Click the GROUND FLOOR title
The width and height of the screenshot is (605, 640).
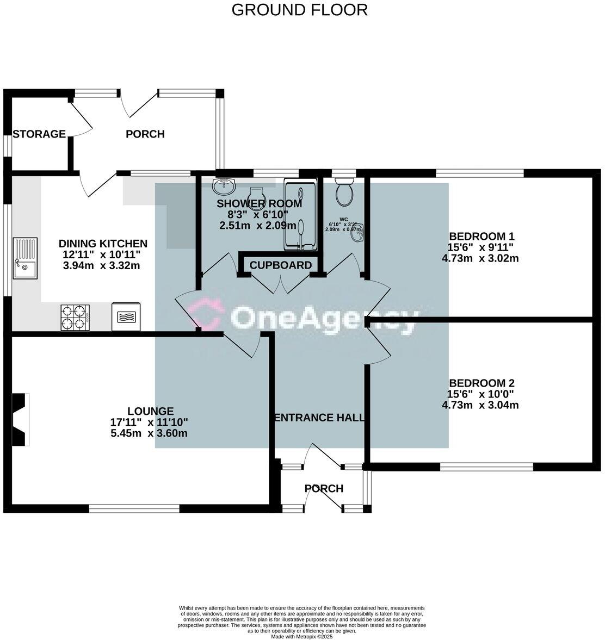coord(299,10)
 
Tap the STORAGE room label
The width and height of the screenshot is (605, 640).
coord(39,134)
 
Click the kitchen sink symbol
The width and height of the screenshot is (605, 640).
coord(26,259)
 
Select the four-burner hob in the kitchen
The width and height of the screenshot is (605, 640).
coord(75,317)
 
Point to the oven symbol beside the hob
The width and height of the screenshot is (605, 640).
coord(126,317)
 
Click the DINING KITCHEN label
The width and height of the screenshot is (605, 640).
coord(103,244)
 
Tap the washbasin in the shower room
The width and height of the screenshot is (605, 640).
coord(224,186)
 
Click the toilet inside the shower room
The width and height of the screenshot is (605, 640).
coord(256,196)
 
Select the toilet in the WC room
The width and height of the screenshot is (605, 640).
coord(344,193)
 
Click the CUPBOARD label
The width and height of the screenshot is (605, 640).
coord(281,265)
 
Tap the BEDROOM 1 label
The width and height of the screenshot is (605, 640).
coord(481,237)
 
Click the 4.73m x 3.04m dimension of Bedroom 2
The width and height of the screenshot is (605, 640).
coord(480,405)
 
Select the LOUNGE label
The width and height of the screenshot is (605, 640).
coord(150,412)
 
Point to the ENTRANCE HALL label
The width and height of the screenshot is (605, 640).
coord(319,418)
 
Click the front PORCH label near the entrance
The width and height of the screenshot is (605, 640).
coord(324,488)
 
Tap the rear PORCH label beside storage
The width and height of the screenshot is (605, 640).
coord(145,134)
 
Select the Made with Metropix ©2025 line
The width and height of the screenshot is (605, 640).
coord(301,636)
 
